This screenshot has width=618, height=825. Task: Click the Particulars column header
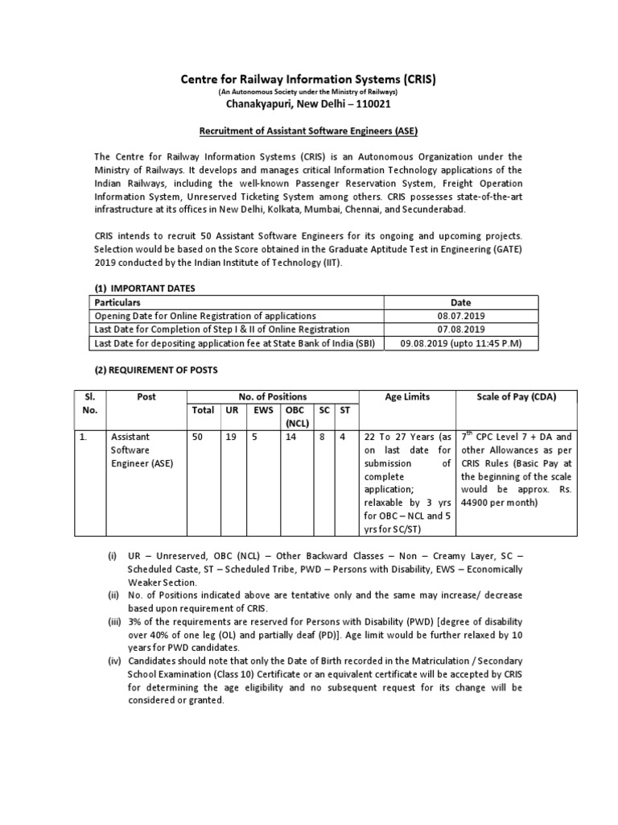click(x=118, y=302)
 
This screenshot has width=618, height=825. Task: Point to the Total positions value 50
click(x=196, y=437)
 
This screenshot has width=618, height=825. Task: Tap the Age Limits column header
click(x=407, y=396)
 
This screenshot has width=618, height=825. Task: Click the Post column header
click(x=146, y=396)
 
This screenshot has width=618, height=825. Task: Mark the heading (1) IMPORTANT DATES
click(x=145, y=288)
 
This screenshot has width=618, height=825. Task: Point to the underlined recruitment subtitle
click(x=309, y=130)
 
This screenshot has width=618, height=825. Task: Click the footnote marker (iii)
click(x=115, y=623)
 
